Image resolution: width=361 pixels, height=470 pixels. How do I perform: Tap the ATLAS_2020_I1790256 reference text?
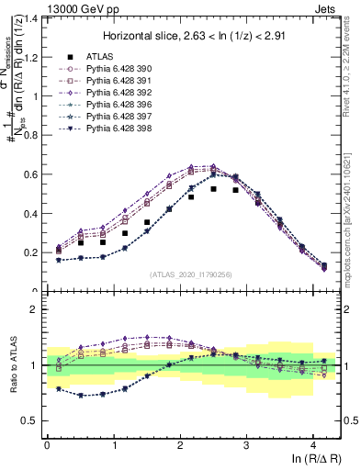(192, 274)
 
